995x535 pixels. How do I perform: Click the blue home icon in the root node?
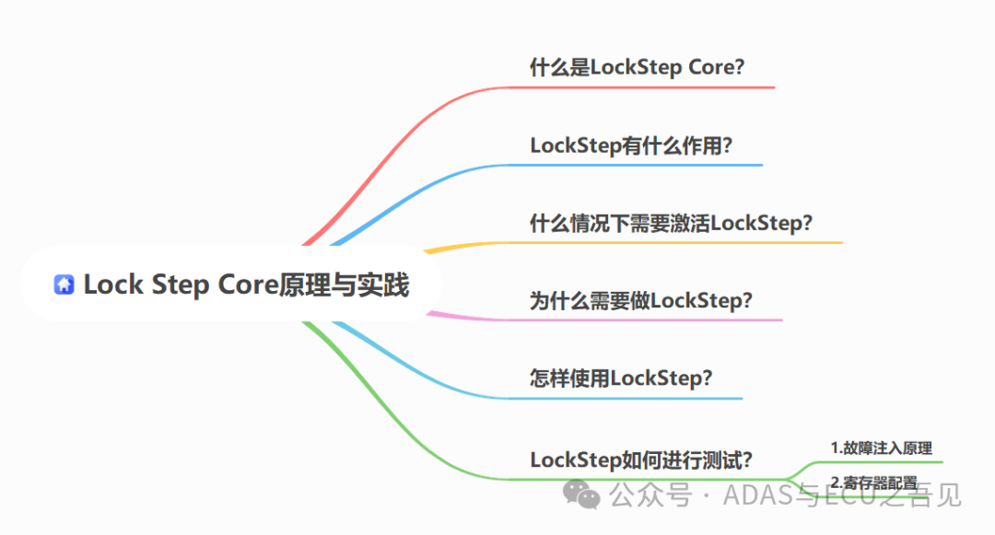click(64, 285)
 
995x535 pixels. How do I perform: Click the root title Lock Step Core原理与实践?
click(246, 285)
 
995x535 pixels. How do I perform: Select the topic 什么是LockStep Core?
click(637, 67)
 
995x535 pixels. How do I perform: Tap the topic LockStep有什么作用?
click(631, 145)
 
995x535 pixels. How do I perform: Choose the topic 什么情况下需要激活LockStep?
click(671, 223)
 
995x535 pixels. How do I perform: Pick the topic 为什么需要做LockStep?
click(641, 300)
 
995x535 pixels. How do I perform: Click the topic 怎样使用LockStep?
click(621, 378)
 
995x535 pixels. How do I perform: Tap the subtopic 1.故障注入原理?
click(881, 448)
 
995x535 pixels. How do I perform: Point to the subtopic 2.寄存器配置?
click(873, 482)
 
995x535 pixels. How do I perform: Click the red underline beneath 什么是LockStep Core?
click(645, 87)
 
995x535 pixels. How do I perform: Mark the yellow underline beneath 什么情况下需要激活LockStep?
click(682, 242)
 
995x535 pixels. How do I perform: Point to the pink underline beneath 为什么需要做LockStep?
click(654, 320)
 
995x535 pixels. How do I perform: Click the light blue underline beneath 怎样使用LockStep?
click(636, 398)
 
